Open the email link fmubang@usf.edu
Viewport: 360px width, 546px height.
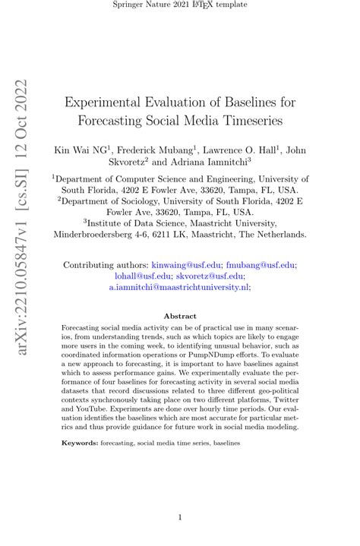point(261,265)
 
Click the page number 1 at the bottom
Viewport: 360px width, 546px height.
point(180,518)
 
